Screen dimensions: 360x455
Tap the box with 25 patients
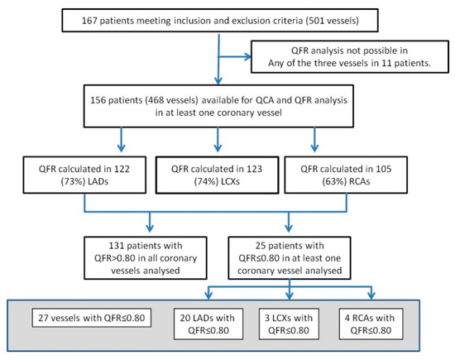point(290,249)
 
